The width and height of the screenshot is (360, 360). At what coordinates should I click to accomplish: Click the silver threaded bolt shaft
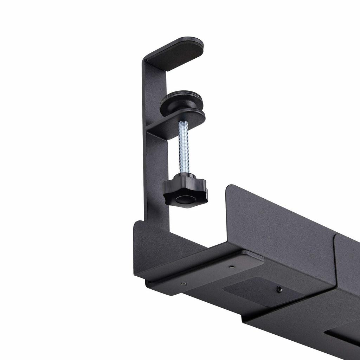coord(183,148)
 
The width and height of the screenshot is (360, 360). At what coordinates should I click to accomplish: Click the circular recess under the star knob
coord(185,200)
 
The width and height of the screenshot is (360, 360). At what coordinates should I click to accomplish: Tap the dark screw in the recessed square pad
coord(279,289)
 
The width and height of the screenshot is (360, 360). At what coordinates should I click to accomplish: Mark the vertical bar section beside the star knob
coord(156,183)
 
